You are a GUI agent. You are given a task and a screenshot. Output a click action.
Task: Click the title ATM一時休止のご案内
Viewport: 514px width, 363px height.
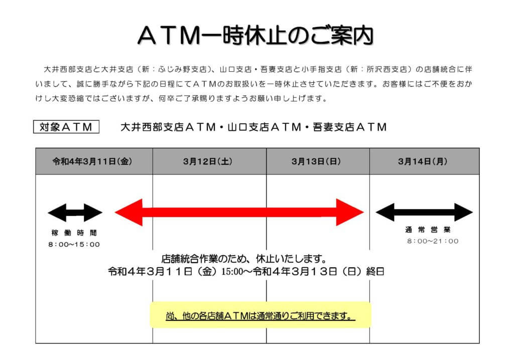pos(255,35)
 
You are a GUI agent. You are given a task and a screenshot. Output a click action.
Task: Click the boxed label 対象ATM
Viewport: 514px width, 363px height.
pos(66,127)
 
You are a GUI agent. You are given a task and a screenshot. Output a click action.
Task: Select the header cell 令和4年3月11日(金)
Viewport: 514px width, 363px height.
pos(94,161)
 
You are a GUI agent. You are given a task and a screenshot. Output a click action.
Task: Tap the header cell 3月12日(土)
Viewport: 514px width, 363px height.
pos(209,161)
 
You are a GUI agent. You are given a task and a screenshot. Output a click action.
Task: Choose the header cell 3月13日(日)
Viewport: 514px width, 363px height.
pos(318,161)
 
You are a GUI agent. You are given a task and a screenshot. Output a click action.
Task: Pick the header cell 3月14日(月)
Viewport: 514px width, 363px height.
pos(425,161)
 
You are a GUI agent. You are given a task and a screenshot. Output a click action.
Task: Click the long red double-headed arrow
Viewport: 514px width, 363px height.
pos(239,212)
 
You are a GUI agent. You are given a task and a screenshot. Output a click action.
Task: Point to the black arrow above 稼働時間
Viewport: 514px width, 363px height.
pos(75,213)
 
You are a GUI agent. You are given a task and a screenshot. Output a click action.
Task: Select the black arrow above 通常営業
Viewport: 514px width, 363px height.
pos(424,212)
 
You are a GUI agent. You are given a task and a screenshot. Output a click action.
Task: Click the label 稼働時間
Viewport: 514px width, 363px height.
pos(74,233)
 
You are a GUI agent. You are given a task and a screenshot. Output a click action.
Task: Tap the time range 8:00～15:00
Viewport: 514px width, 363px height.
pos(74,245)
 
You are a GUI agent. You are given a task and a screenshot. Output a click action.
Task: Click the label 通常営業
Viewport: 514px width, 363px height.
pos(428,230)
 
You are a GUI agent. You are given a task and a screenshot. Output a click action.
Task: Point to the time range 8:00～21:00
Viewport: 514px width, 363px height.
pos(433,241)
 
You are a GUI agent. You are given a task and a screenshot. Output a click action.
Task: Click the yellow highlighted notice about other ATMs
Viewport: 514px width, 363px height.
pos(261,315)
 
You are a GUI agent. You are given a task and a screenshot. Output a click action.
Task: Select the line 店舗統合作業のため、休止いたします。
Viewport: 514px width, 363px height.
pos(244,259)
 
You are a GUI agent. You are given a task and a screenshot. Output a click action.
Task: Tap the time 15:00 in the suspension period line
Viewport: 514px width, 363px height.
pos(232,272)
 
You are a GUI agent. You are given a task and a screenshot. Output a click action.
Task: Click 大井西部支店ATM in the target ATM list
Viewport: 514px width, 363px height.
pos(168,127)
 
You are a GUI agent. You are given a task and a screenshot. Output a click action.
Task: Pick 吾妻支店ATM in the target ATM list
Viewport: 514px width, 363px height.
pos(350,127)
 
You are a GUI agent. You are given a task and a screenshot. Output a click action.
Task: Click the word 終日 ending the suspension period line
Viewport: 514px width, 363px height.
pos(375,272)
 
